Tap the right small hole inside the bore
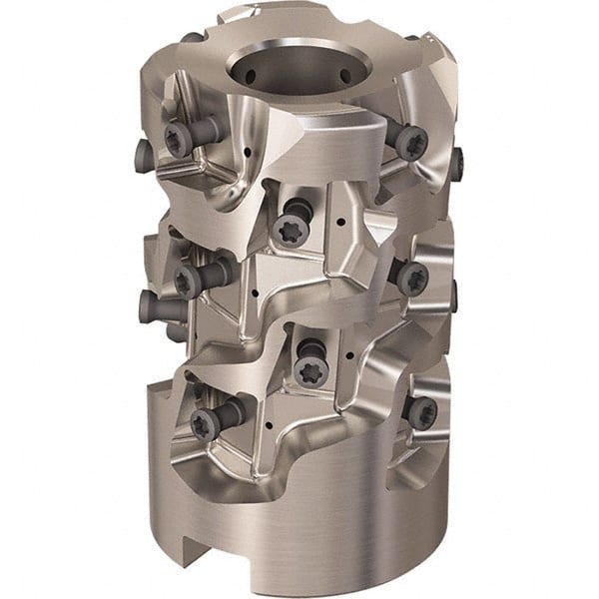pos(346,74)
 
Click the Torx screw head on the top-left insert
pos(178,141)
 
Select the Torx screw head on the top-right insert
pos(410,143)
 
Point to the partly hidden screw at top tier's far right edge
pos(456,163)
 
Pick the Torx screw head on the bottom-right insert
pos(422,412)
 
